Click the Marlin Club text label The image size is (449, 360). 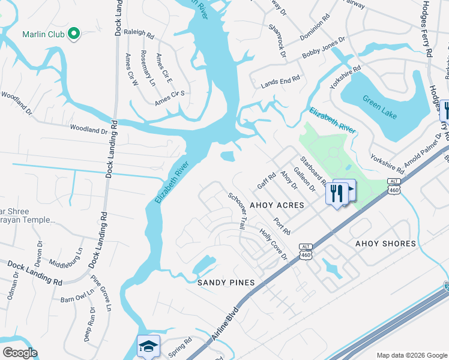pyautogui.click(x=43, y=34)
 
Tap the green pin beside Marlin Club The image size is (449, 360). pyautogui.click(x=74, y=34)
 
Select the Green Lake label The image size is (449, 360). pyautogui.click(x=379, y=107)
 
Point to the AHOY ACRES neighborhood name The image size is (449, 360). pyautogui.click(x=274, y=205)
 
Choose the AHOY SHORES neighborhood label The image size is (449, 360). pyautogui.click(x=385, y=244)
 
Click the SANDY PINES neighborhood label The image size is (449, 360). pyautogui.click(x=226, y=282)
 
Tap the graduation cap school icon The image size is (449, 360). pyautogui.click(x=148, y=346)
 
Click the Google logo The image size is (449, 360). pyautogui.click(x=19, y=353)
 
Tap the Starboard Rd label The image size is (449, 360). pyautogui.click(x=313, y=170)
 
